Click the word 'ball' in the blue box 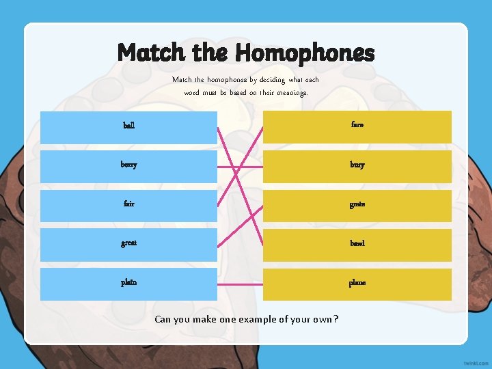pyautogui.click(x=128, y=126)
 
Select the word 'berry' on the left pyautogui.click(x=129, y=165)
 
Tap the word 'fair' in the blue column pyautogui.click(x=128, y=204)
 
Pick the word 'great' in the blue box pyautogui.click(x=128, y=243)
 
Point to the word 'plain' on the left pyautogui.click(x=128, y=282)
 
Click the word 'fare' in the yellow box pyautogui.click(x=357, y=125)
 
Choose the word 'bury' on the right pyautogui.click(x=357, y=165)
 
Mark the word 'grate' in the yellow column pyautogui.click(x=357, y=204)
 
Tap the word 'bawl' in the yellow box pyautogui.click(x=357, y=243)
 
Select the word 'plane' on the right pyautogui.click(x=357, y=282)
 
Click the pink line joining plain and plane pyautogui.click(x=240, y=283)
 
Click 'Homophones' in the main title pyautogui.click(x=305, y=53)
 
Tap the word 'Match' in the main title pyautogui.click(x=151, y=53)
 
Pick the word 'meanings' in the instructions pyautogui.click(x=292, y=92)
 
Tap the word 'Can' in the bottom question pyautogui.click(x=163, y=319)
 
